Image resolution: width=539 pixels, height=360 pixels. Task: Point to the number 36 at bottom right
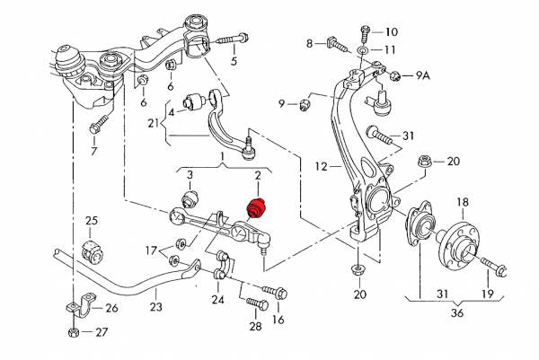(x=458, y=312)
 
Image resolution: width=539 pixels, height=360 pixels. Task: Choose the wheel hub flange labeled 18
(x=461, y=236)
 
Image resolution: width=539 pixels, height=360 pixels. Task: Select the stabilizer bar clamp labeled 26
(x=75, y=310)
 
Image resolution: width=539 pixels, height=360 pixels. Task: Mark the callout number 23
(x=156, y=306)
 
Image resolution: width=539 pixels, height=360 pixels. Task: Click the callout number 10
(x=391, y=31)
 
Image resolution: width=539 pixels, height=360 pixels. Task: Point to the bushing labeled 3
(x=190, y=198)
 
